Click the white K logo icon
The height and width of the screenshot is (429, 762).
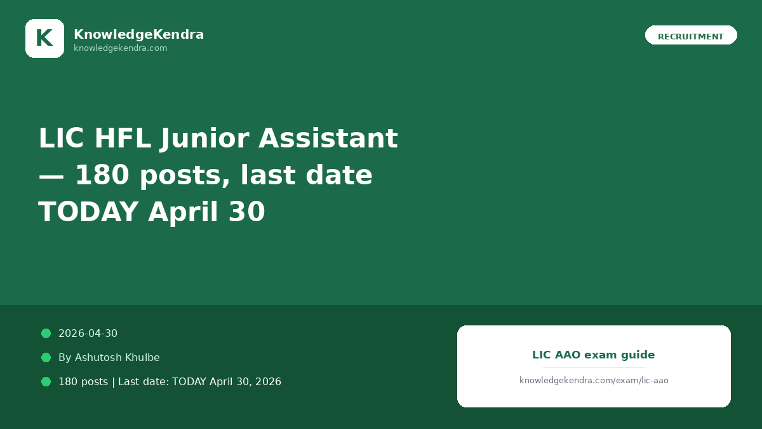coord(44,38)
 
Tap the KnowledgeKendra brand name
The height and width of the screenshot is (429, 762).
coord(139,34)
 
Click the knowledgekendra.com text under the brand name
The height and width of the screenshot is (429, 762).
coord(121,48)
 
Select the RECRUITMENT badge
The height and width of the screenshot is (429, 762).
coord(691,35)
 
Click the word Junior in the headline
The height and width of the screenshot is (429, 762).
coord(204,139)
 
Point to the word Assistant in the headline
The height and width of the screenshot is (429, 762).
coord(328,139)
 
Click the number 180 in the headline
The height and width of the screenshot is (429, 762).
coord(102,175)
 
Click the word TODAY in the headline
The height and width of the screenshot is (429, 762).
coord(88,212)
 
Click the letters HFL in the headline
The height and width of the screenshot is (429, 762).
coord(123,139)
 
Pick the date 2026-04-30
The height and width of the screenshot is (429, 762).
coord(88,333)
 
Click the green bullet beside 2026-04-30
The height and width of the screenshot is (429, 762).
coord(46,333)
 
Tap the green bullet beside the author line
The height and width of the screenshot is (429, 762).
coord(46,357)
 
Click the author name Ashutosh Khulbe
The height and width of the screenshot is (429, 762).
coord(117,357)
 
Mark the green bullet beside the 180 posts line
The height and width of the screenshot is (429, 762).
coord(46,382)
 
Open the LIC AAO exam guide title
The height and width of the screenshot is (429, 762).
coord(594,355)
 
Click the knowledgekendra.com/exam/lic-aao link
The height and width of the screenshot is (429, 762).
coord(594,380)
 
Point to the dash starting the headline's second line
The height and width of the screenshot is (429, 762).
coord(51,177)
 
